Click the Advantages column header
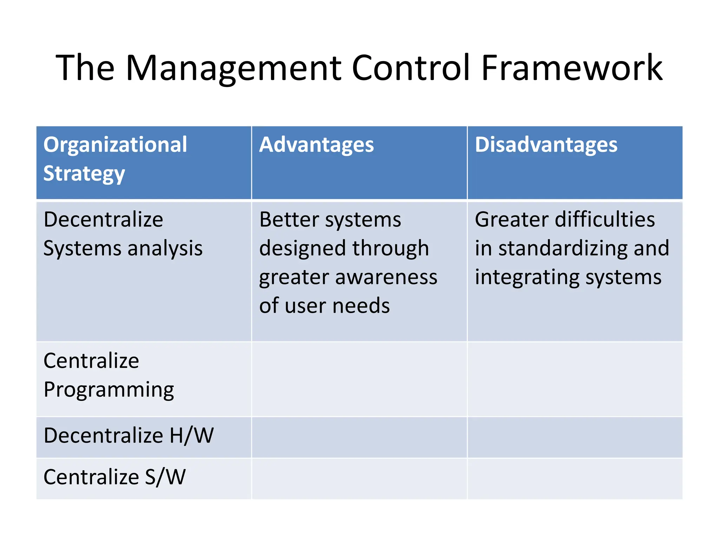[x=316, y=145]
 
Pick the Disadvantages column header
[x=546, y=145]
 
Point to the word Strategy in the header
[x=84, y=174]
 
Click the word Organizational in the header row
[x=115, y=145]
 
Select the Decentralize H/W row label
[x=128, y=436]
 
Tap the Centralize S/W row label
[x=114, y=477]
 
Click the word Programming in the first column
[x=109, y=390]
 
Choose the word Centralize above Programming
[x=91, y=361]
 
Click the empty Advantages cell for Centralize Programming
[x=359, y=379]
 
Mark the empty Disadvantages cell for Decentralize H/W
[x=575, y=437]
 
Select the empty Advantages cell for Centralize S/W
[x=359, y=479]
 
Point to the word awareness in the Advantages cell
[x=386, y=277]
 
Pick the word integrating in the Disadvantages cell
[x=527, y=277]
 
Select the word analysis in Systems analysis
[x=165, y=248]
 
